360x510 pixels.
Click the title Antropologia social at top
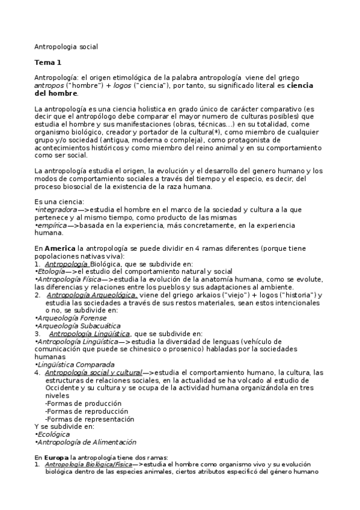66,46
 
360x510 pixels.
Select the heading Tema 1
48,63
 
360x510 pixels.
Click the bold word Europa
59,458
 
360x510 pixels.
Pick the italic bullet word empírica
51,224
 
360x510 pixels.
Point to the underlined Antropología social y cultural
93,372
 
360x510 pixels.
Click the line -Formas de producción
81,404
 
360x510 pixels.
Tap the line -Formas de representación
90,419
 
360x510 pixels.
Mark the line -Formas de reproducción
84,411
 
